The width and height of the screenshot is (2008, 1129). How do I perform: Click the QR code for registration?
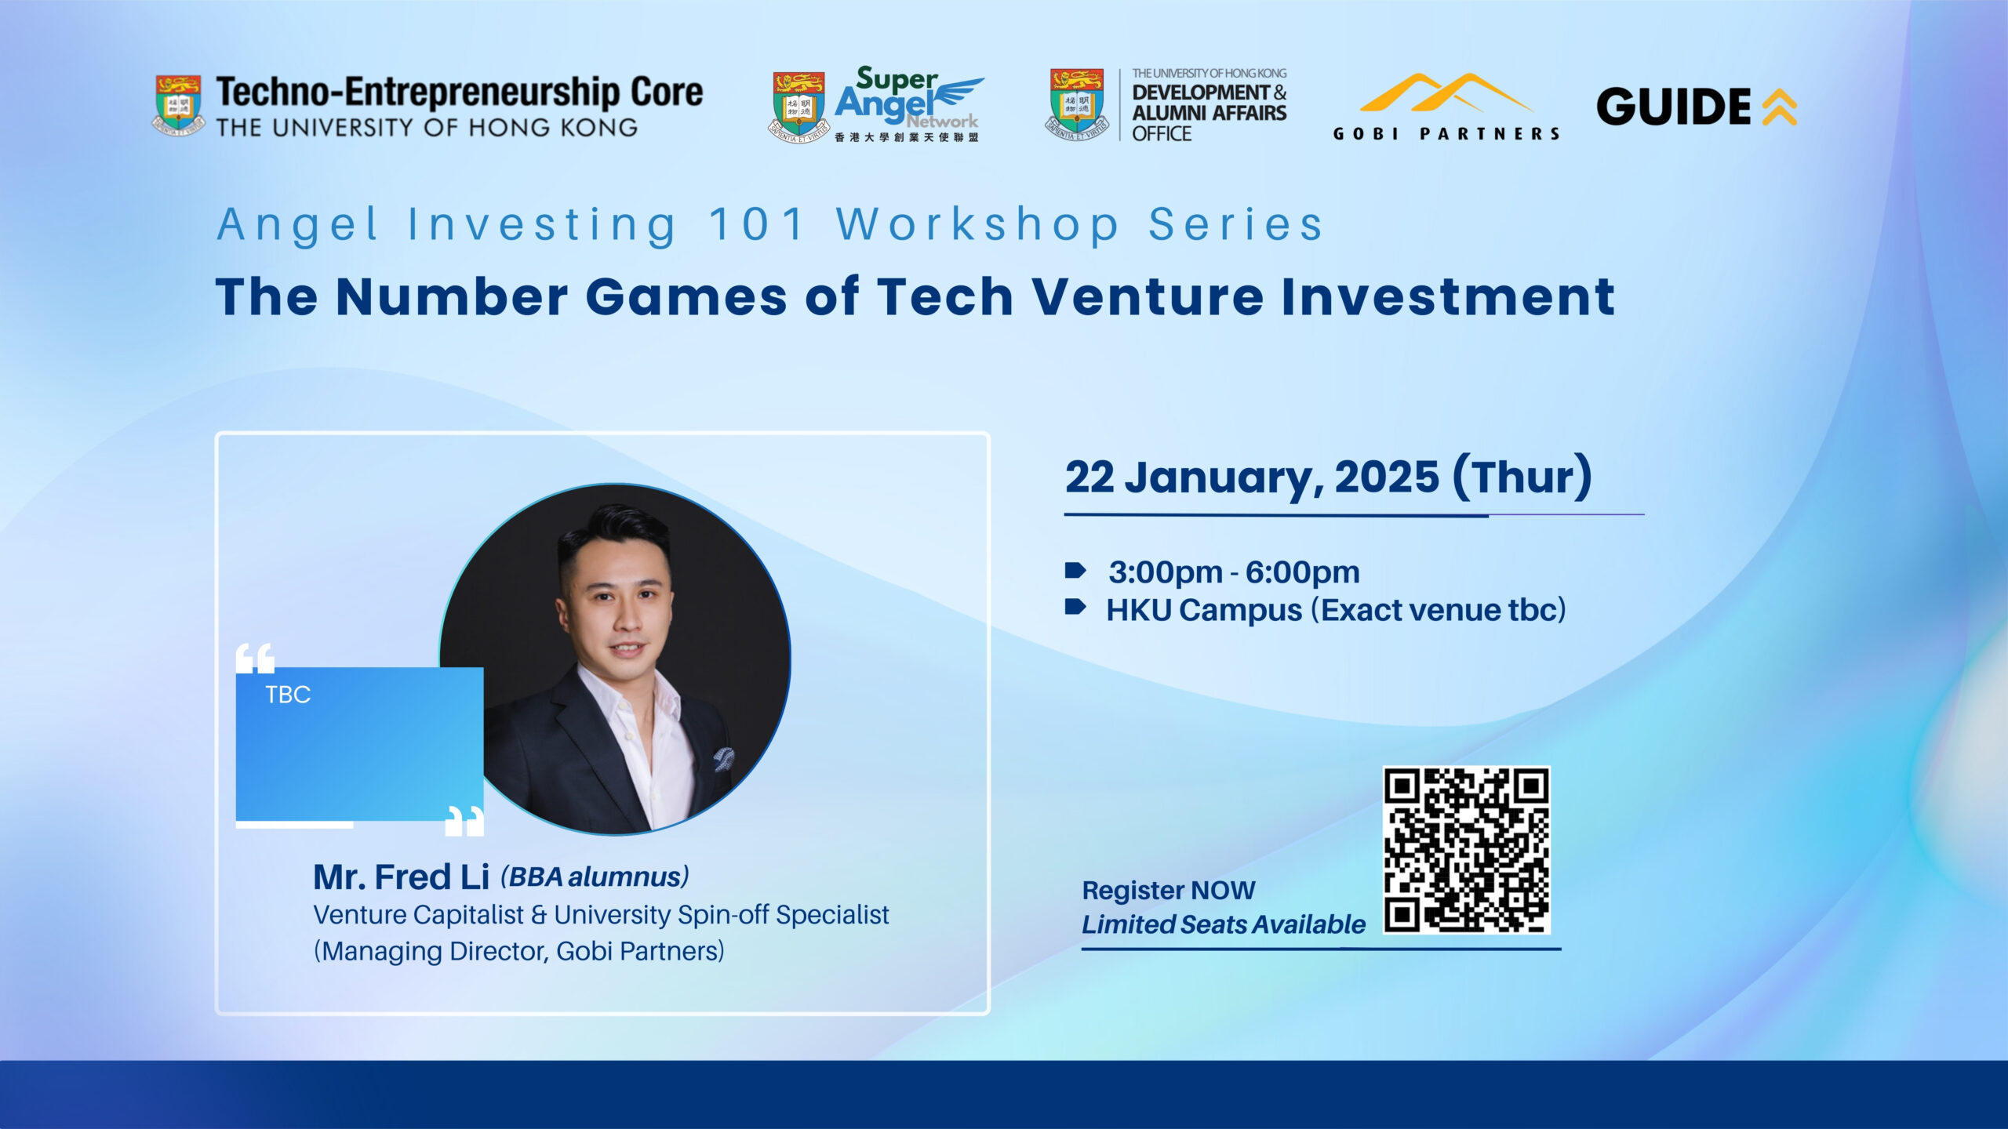(x=1466, y=850)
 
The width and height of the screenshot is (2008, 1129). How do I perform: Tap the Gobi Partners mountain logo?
(x=1446, y=93)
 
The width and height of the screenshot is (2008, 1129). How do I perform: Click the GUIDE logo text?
(x=1673, y=107)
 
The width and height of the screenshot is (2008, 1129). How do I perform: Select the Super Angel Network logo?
(x=877, y=104)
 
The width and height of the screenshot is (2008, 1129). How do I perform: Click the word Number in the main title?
(x=451, y=297)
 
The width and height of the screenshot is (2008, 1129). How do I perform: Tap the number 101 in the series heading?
(x=757, y=224)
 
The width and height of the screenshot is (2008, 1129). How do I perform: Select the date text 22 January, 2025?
(x=1252, y=477)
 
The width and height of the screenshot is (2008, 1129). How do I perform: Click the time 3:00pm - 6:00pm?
(x=1234, y=572)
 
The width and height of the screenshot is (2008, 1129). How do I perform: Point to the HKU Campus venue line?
(x=1336, y=610)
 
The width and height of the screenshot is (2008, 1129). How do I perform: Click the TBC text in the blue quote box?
(x=288, y=695)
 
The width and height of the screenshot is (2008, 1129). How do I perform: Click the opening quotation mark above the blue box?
(x=256, y=659)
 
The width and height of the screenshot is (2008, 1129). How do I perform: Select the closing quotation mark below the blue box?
(x=464, y=821)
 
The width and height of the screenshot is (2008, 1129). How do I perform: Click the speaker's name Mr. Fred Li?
(x=402, y=877)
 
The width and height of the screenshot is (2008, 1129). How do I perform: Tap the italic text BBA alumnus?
(x=595, y=877)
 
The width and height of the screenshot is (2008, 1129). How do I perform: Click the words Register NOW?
(x=1169, y=891)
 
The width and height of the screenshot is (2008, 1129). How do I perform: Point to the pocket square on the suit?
(x=723, y=759)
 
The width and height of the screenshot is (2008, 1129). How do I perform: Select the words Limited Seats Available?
(x=1224, y=924)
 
